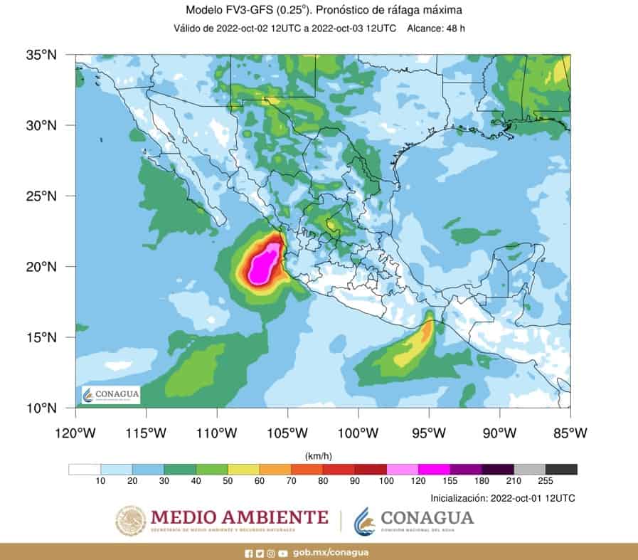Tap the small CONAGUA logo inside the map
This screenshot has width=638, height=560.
(x=111, y=395)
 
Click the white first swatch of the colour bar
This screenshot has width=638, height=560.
(x=85, y=469)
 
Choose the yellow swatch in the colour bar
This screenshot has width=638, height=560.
(x=243, y=469)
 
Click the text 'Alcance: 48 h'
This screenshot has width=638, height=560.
(x=435, y=28)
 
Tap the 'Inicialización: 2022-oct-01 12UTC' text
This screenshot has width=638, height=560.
(x=502, y=498)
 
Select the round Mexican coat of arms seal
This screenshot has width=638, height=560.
(x=131, y=521)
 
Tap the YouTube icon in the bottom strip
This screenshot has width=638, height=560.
(x=283, y=553)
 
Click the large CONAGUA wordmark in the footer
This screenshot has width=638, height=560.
(x=427, y=517)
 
